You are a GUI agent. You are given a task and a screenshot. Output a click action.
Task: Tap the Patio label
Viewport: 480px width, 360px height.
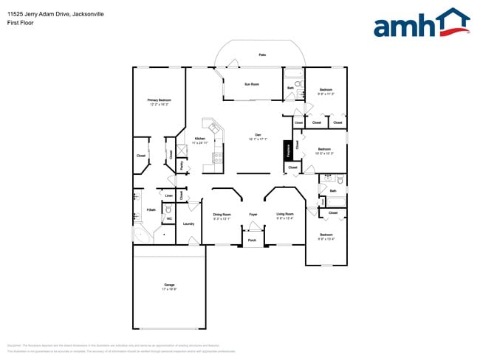pyautogui.click(x=262, y=55)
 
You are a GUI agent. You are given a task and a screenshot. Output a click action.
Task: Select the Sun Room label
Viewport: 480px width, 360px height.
pyautogui.click(x=252, y=84)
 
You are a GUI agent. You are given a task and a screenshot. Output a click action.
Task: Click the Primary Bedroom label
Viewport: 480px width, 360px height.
pyautogui.click(x=159, y=101)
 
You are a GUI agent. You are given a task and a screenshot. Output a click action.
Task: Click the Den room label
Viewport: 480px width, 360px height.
pyautogui.click(x=258, y=135)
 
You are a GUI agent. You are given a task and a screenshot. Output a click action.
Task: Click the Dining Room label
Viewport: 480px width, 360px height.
pyautogui.click(x=222, y=215)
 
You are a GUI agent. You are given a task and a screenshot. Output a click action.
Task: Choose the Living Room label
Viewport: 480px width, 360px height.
pyautogui.click(x=285, y=215)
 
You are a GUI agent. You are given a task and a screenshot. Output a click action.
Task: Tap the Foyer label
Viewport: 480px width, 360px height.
pyautogui.click(x=253, y=215)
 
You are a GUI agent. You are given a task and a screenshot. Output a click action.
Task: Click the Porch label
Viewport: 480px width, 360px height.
pyautogui.click(x=252, y=240)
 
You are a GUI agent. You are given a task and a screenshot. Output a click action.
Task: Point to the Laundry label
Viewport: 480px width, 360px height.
pyautogui.click(x=188, y=224)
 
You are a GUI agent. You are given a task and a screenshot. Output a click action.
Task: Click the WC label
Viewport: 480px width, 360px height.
pyautogui.click(x=169, y=219)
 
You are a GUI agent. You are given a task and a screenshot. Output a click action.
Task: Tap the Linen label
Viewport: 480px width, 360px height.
pyautogui.click(x=169, y=195)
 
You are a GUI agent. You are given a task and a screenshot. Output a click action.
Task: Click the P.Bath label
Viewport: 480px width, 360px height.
pyautogui.click(x=151, y=210)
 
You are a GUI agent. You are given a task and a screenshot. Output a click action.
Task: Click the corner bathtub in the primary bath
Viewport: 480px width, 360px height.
pyautogui.click(x=141, y=235)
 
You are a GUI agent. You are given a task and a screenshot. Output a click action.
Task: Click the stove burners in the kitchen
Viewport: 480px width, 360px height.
pyautogui.click(x=218, y=156)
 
